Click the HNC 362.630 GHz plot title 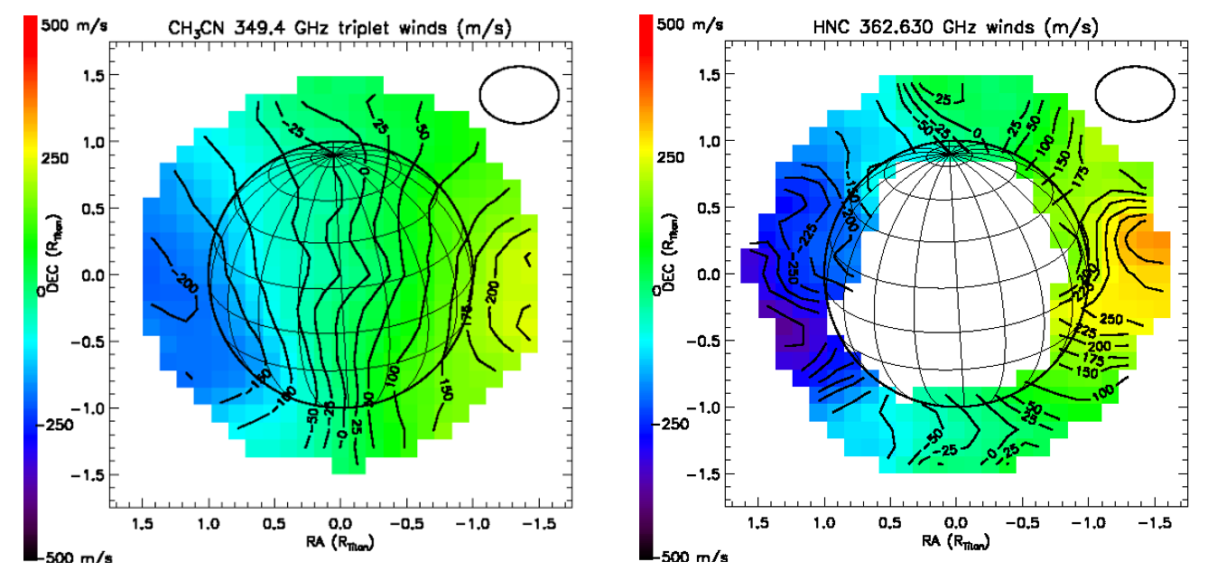pos(955,28)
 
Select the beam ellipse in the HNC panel pos(1135,93)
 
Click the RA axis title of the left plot pos(339,542)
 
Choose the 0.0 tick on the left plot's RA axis pos(339,523)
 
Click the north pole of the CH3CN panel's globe pos(333,154)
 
